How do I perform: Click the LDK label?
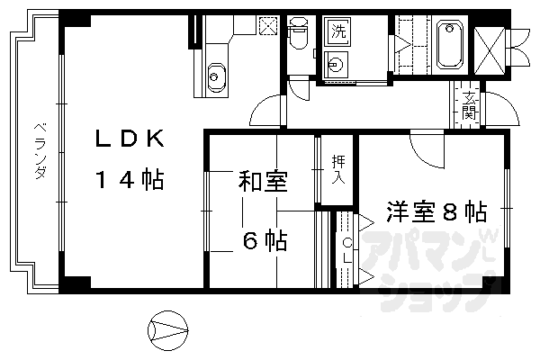(130, 139)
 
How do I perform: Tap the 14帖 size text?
(130, 181)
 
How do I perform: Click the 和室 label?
(263, 181)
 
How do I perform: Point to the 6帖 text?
(264, 240)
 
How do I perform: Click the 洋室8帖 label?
(436, 212)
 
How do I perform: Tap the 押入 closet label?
(338, 168)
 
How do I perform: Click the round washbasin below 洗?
(336, 65)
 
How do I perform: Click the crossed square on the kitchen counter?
(267, 25)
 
